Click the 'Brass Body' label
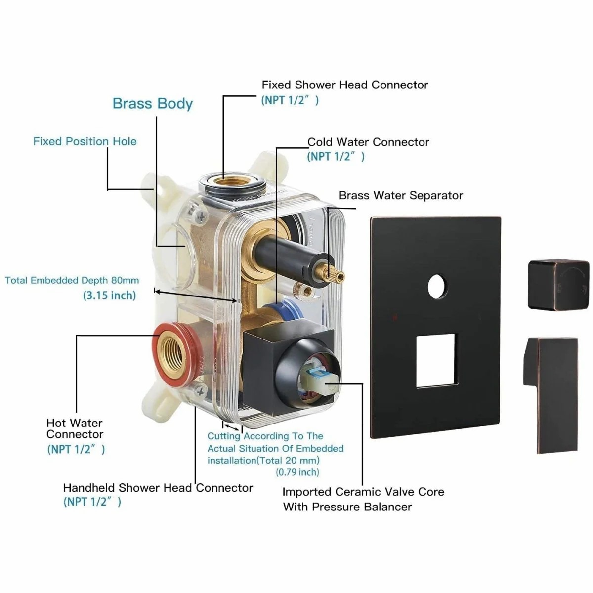(x=153, y=104)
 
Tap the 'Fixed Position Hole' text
(x=85, y=141)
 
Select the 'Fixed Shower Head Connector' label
(x=344, y=85)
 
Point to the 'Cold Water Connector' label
(x=368, y=142)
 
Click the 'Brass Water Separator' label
(x=401, y=196)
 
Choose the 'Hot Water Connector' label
(x=75, y=428)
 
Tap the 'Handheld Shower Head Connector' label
(x=158, y=488)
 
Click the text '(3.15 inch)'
(x=109, y=296)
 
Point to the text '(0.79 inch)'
(x=297, y=472)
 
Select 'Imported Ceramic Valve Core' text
(x=363, y=492)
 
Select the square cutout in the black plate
(x=435, y=360)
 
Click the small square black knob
(x=558, y=285)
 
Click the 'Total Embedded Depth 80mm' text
(x=72, y=281)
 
